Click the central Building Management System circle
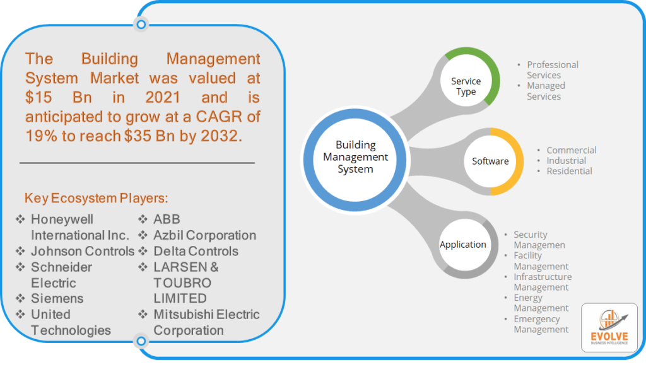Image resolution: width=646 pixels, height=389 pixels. tap(355, 158)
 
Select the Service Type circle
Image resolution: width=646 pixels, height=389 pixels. tap(466, 86)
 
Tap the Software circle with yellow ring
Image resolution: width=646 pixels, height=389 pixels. tap(490, 161)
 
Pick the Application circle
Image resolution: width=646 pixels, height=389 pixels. tap(463, 245)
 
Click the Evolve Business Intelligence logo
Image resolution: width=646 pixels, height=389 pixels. tap(609, 328)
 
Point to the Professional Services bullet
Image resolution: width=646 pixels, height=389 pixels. tap(552, 70)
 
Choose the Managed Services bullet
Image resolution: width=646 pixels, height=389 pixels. tap(546, 91)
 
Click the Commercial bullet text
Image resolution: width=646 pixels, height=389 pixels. tap(571, 150)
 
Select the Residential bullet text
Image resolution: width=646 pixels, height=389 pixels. tap(569, 171)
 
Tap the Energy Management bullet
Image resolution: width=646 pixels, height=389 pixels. tap(541, 303)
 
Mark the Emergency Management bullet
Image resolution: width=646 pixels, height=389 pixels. tap(541, 324)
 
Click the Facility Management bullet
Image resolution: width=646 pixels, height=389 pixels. tap(541, 261)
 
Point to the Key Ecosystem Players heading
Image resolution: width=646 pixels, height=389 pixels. tap(97, 198)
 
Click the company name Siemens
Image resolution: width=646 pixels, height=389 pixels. tap(57, 298)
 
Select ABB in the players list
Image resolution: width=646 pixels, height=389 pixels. tap(167, 219)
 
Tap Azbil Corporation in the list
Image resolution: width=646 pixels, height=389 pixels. tap(204, 235)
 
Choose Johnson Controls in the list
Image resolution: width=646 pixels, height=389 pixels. tap(83, 251)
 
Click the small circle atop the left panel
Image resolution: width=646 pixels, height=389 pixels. tap(141, 25)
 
